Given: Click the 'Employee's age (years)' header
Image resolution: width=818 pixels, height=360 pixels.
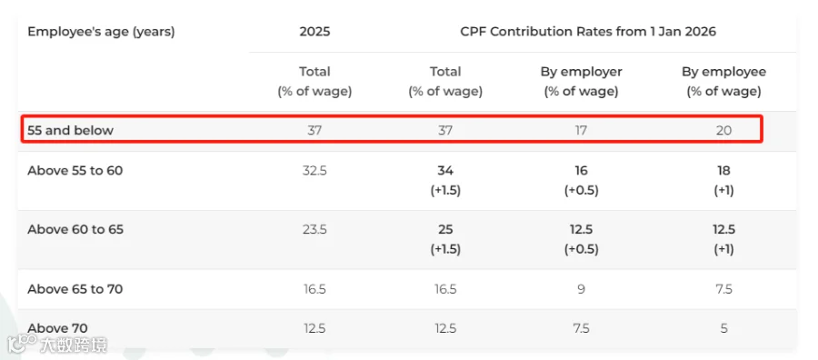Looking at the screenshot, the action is [x=101, y=32].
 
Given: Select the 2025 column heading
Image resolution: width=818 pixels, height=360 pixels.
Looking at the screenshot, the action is [x=314, y=32].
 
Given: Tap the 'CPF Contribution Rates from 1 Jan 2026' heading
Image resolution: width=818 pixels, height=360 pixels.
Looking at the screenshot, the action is [x=588, y=32].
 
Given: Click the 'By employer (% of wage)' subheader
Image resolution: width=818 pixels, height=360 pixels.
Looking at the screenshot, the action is [x=581, y=82].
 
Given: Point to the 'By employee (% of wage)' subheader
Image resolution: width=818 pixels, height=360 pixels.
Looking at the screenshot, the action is [x=723, y=82].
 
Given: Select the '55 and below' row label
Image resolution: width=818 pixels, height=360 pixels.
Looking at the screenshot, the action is [x=70, y=130].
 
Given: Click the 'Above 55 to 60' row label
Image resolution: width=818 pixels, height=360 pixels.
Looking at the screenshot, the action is [x=75, y=171].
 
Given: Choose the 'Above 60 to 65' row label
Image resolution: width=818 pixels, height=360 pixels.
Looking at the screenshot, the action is [x=75, y=230].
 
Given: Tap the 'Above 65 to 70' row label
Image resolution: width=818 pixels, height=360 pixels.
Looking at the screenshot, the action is [x=75, y=289].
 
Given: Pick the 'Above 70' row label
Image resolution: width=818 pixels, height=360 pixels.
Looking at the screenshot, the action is [x=57, y=329].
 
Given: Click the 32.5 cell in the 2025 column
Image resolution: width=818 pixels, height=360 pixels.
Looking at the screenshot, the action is [x=314, y=171].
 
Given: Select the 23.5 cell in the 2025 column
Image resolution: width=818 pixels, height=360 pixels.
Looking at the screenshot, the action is [x=314, y=230].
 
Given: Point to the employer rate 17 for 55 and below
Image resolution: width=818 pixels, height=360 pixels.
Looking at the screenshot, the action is [x=581, y=130].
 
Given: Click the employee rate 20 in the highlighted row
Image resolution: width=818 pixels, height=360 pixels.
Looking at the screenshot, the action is [x=723, y=130].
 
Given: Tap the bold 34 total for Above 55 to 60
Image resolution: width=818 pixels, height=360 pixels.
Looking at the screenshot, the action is [x=445, y=171].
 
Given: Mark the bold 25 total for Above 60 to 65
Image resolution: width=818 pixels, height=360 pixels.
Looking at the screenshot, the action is [x=445, y=230].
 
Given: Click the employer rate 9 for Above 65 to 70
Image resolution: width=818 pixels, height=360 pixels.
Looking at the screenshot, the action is [x=581, y=289].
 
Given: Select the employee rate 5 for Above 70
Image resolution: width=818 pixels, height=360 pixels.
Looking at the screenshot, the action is [x=723, y=329].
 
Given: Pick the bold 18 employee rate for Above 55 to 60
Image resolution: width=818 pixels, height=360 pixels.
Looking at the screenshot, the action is [x=723, y=171].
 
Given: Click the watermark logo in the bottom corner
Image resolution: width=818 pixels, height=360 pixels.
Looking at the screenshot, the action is [x=57, y=345].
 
